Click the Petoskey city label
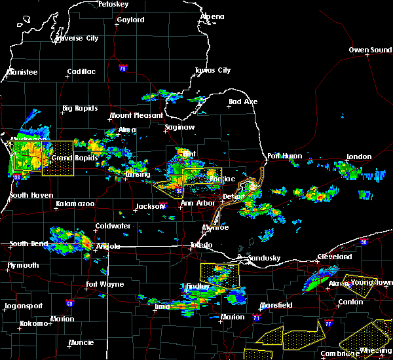[x=113, y=4]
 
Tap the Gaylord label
[x=130, y=20]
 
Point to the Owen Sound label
[x=370, y=50]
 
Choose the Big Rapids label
[x=80, y=109]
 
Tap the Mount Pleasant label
[x=136, y=116]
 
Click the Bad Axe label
[x=243, y=102]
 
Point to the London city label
[x=359, y=157]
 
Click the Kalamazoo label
[x=75, y=205]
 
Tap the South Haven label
[x=27, y=196]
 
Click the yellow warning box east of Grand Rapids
[x=58, y=158]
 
